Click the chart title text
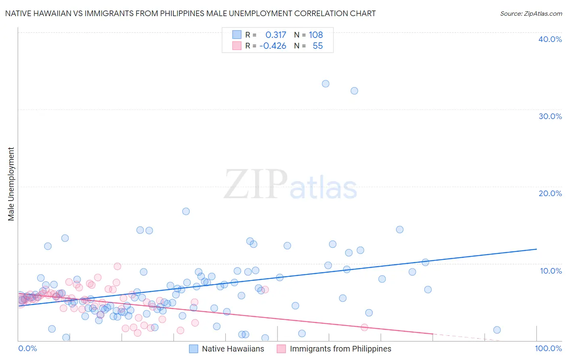tap(190, 13)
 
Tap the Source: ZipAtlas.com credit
tap(531, 13)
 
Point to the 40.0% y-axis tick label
tap(550, 39)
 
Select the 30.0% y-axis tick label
tap(550, 116)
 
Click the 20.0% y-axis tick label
tap(550, 193)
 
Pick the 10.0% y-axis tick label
tap(551, 271)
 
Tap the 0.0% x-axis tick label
tap(27, 348)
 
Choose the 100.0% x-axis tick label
tap(548, 348)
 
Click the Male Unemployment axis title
tap(11, 184)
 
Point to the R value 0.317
tap(275, 35)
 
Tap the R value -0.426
tap(273, 46)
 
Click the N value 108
tap(316, 35)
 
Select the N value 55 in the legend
tap(317, 46)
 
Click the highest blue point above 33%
tap(325, 84)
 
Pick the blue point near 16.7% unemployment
tap(186, 211)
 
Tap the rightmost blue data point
tap(497, 330)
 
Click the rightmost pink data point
tap(365, 327)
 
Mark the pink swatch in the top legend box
tap(237, 46)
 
